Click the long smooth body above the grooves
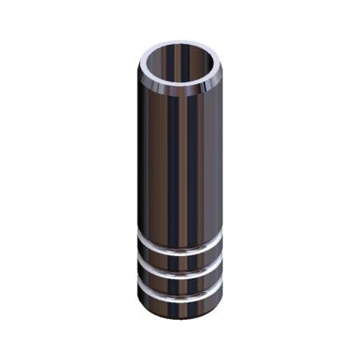[x=180, y=160]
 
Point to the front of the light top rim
[x=180, y=86]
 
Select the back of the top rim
[x=180, y=44]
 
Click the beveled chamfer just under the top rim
[x=180, y=93]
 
